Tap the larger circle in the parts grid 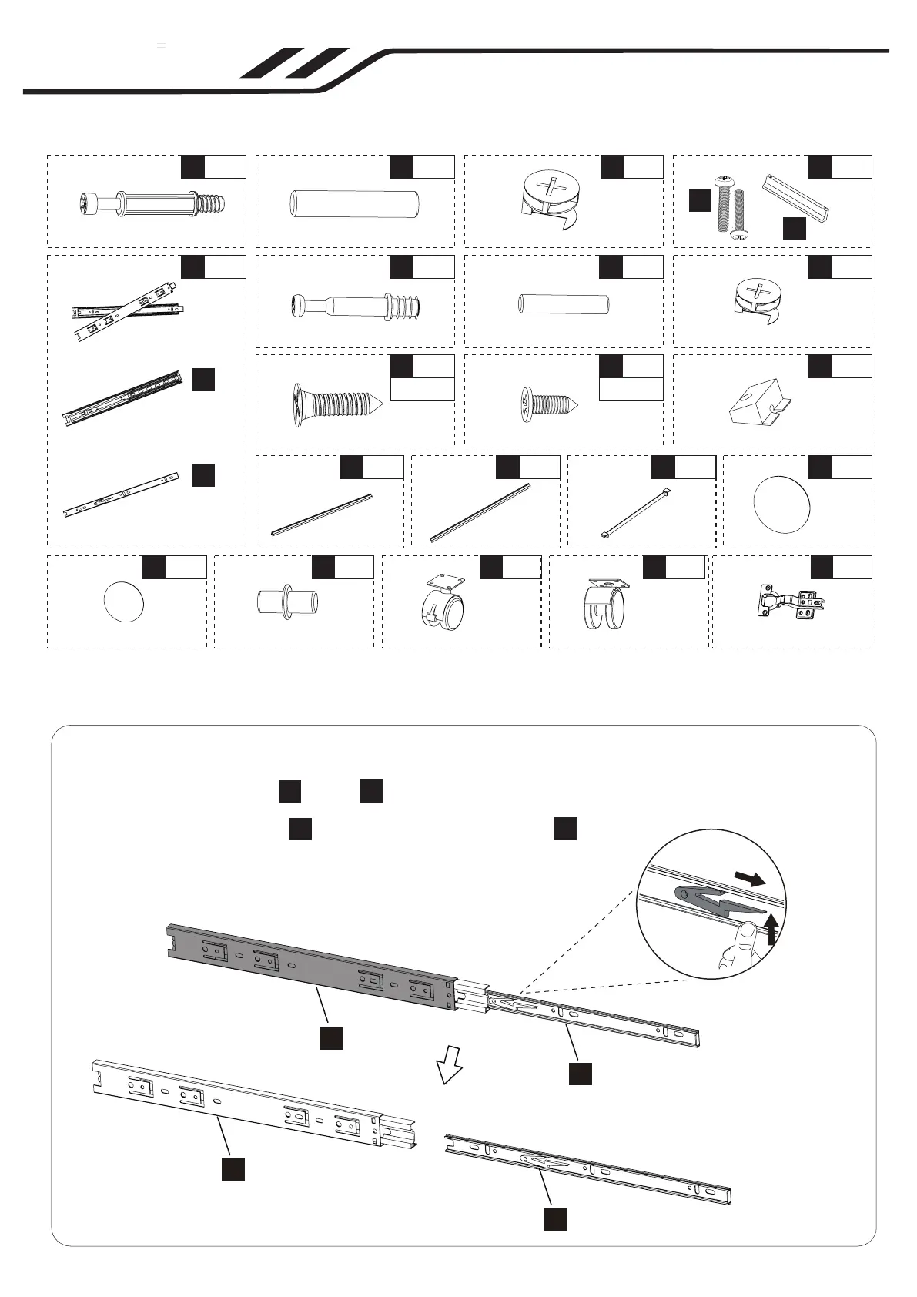[x=783, y=504]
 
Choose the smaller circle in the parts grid [x=124, y=602]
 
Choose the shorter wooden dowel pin [x=564, y=303]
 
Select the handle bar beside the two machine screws [x=797, y=198]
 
